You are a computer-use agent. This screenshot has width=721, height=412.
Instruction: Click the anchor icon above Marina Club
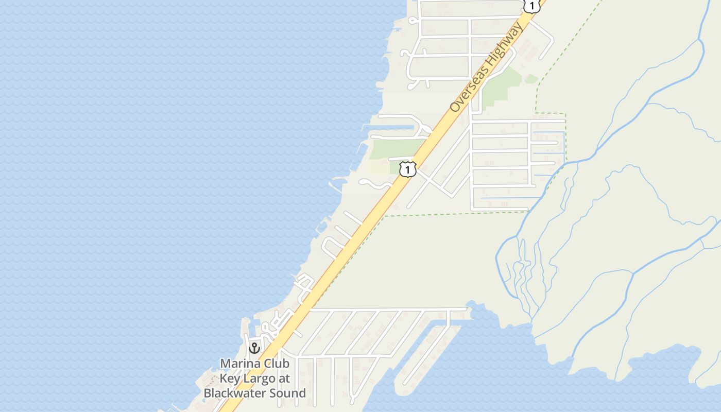[254, 348]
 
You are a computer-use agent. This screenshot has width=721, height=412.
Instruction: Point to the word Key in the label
[230, 379]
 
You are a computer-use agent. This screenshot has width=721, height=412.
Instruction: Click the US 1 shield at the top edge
[531, 6]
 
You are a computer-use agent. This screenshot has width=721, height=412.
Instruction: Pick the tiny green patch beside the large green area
[531, 79]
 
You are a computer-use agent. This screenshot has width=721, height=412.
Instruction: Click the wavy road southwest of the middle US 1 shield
[375, 184]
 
